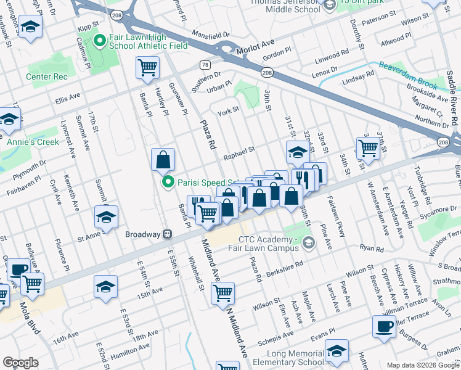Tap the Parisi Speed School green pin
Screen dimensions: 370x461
(x=167, y=182)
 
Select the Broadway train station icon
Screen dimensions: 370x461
(x=166, y=234)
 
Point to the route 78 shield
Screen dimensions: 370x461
(x=205, y=65)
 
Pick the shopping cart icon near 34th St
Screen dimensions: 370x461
(x=367, y=147)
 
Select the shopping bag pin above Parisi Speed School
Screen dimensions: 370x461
(x=163, y=160)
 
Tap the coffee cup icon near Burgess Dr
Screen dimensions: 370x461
(x=384, y=327)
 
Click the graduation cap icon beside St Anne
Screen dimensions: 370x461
(x=106, y=218)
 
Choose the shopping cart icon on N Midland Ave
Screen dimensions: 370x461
(x=222, y=293)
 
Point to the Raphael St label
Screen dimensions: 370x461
(x=239, y=150)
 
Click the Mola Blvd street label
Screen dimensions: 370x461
(x=29, y=319)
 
